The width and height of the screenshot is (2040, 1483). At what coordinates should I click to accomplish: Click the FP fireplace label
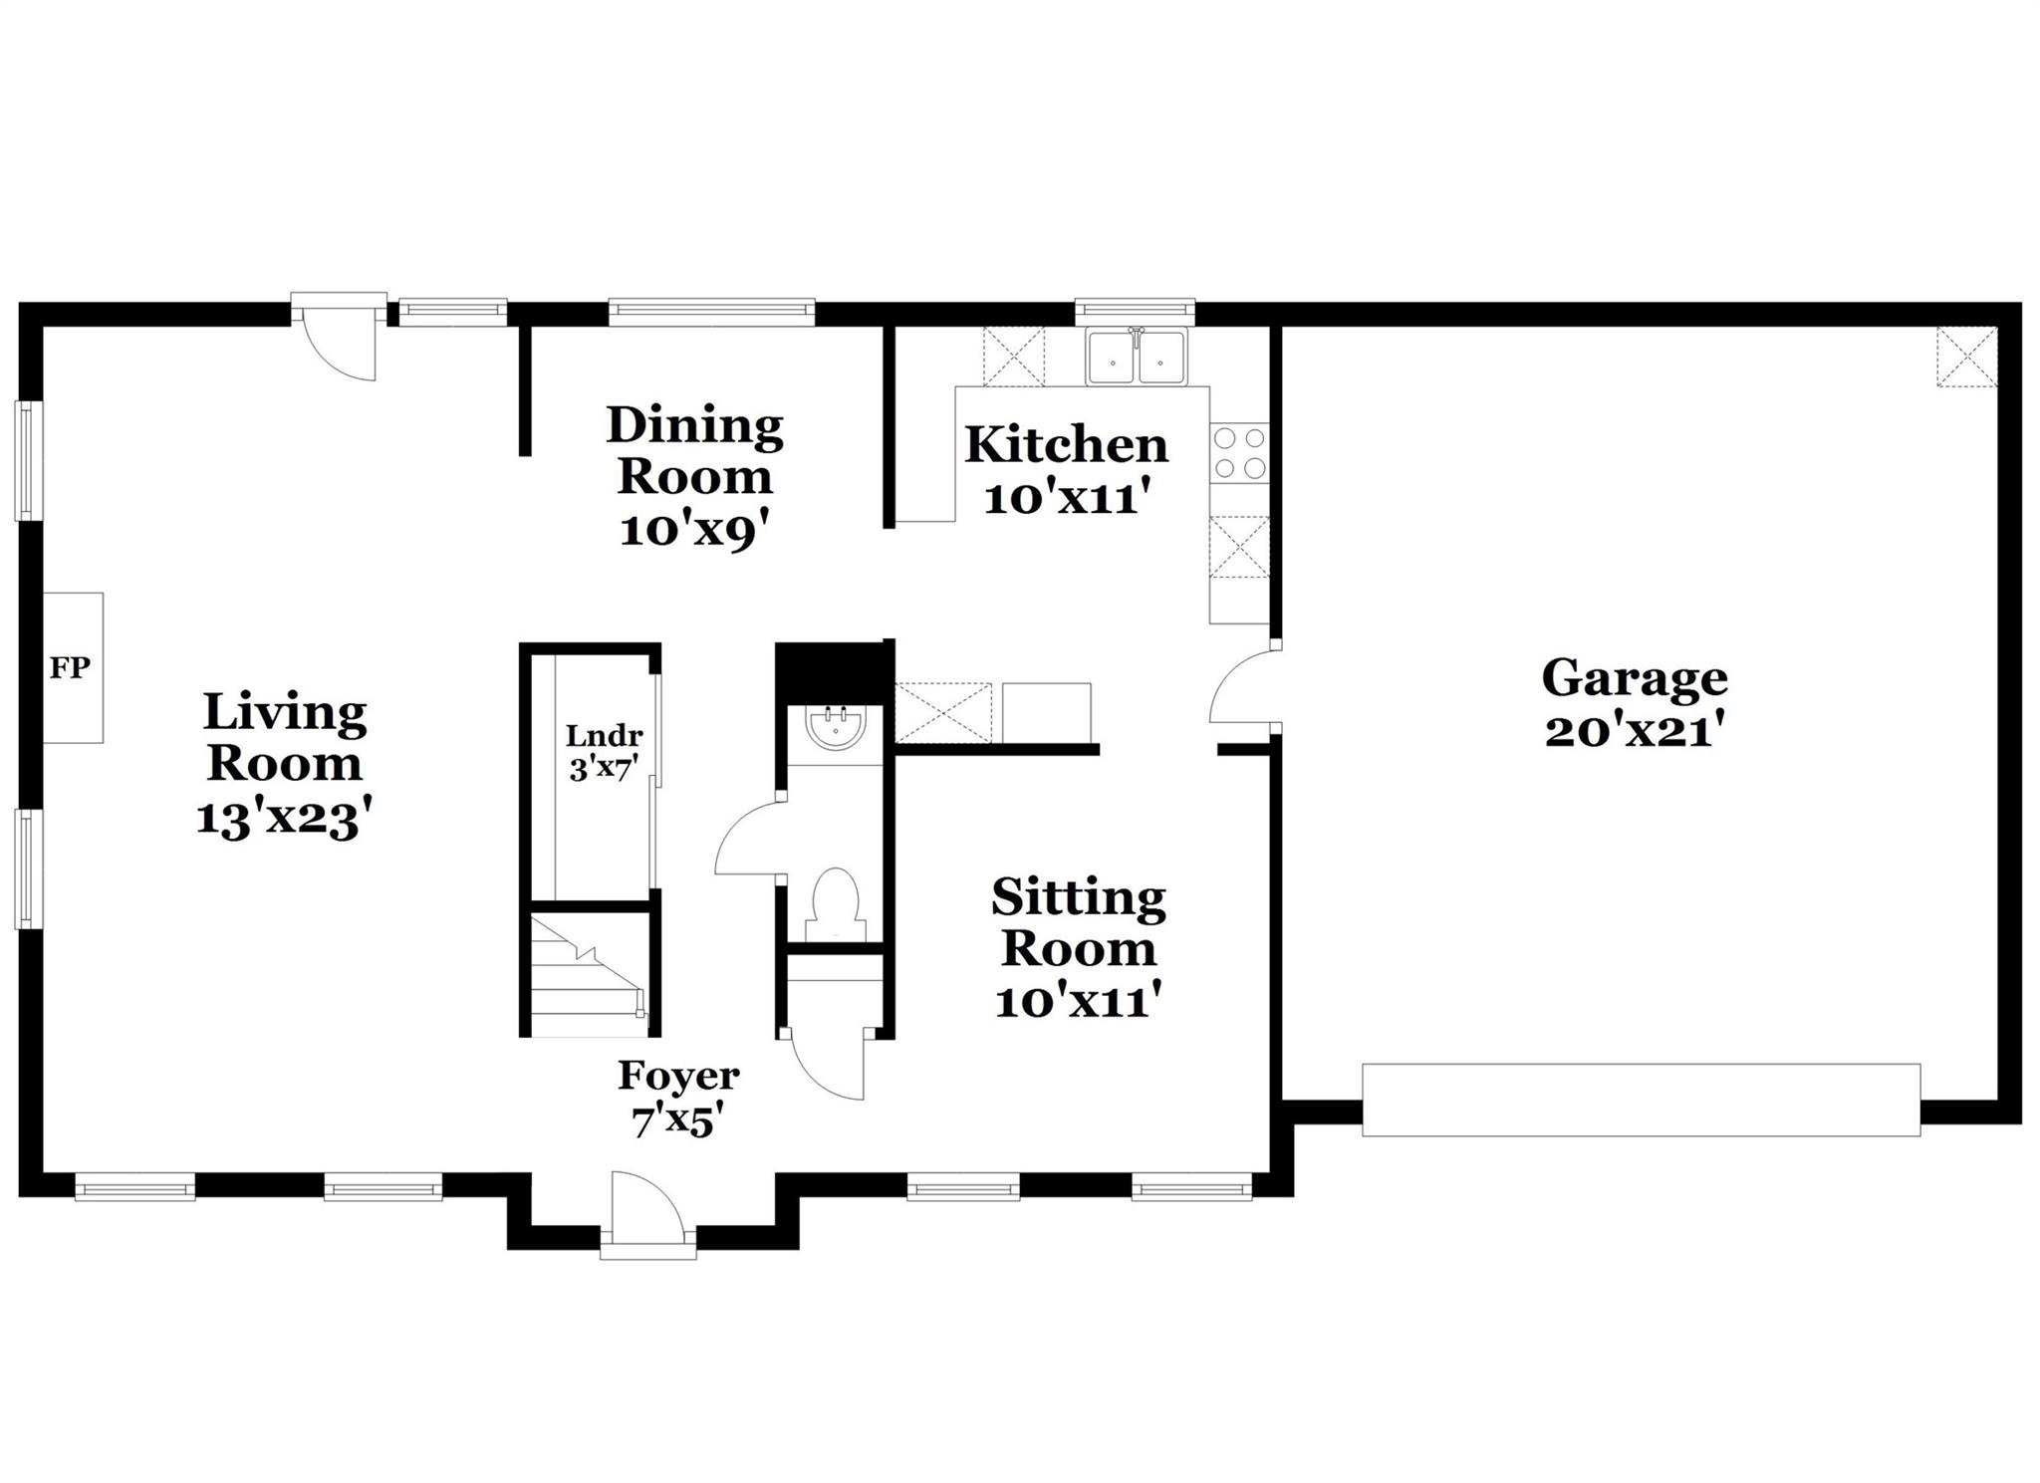pos(70,667)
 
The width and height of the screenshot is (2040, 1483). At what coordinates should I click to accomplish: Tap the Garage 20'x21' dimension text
pos(1634,733)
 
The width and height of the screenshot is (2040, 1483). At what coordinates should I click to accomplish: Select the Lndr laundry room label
pos(604,737)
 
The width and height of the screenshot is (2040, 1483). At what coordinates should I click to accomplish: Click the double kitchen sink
pos(1136,358)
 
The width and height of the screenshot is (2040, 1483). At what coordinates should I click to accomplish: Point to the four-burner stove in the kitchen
pos(1239,453)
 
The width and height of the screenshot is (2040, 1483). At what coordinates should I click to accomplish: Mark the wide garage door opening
pos(1640,1100)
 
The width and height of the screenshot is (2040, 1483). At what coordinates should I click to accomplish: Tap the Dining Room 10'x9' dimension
pos(695,530)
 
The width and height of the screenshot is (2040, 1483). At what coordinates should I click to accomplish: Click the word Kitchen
pos(1066,445)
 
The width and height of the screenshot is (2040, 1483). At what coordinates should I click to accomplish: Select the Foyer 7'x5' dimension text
pos(677,1122)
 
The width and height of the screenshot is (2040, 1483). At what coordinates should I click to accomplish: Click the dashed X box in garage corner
pos(1966,357)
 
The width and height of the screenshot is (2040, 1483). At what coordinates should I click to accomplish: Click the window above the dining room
pos(711,313)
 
